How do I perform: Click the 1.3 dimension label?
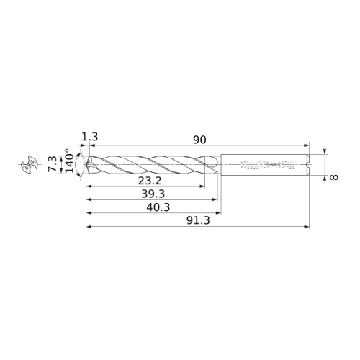[90, 137]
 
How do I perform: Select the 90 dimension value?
[199, 140]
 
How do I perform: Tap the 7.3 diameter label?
[52, 164]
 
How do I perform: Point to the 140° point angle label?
[69, 161]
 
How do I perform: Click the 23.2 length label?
[150, 181]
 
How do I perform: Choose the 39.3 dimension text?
[153, 194]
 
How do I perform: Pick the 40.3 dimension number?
[158, 207]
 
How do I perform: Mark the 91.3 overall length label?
[198, 220]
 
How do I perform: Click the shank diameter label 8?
[334, 177]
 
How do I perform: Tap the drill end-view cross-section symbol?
[30, 164]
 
